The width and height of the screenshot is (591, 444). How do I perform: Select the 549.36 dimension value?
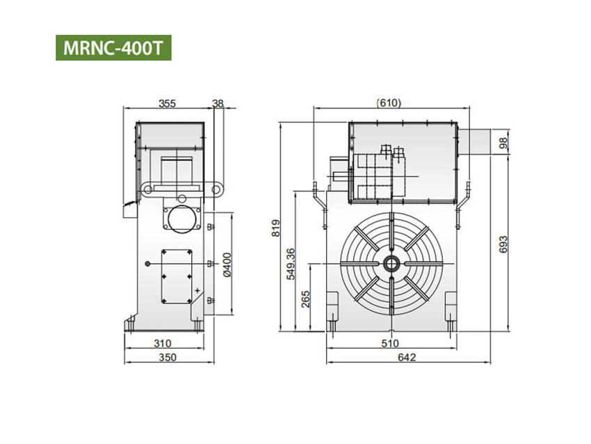[x=291, y=263]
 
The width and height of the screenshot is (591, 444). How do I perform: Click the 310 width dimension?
[x=163, y=343]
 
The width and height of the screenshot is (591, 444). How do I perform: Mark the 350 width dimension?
[x=167, y=358]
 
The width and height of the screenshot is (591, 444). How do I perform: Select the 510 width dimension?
[x=389, y=343]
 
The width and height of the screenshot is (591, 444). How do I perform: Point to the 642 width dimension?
[x=407, y=358]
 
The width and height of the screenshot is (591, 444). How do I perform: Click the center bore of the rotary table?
[x=390, y=264]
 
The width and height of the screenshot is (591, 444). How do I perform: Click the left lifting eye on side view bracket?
[x=147, y=189]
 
